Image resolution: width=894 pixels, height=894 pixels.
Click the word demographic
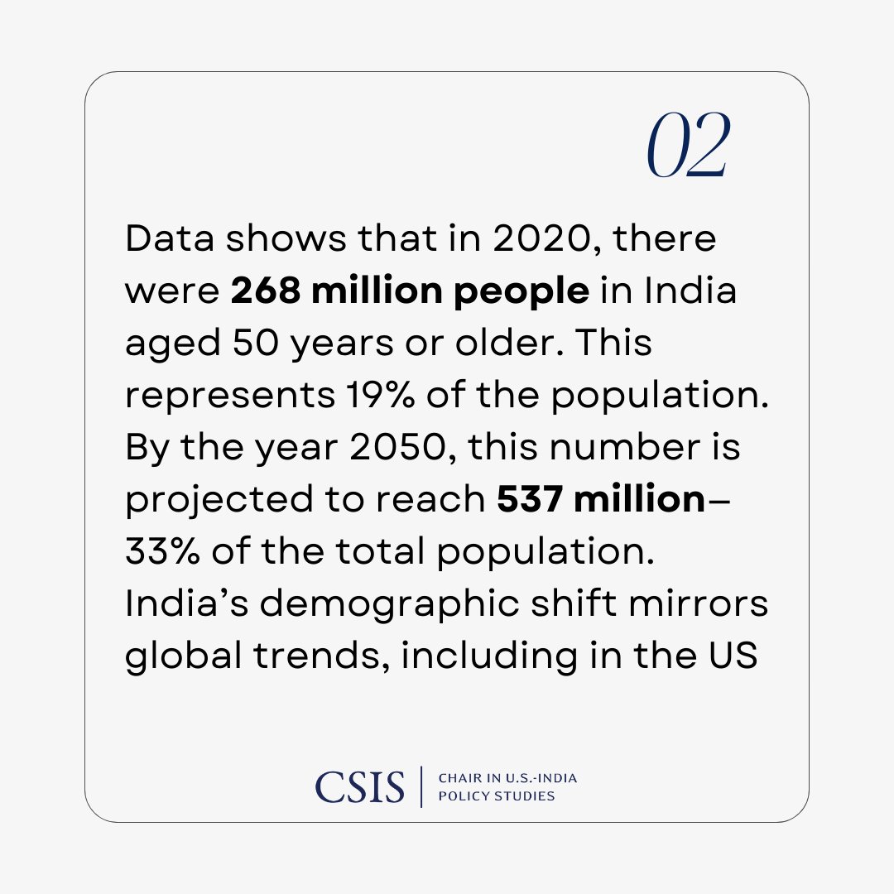tap(344, 605)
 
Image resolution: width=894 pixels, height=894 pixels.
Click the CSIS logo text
tap(360, 786)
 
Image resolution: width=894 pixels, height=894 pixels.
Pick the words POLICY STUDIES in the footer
tap(496, 796)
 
